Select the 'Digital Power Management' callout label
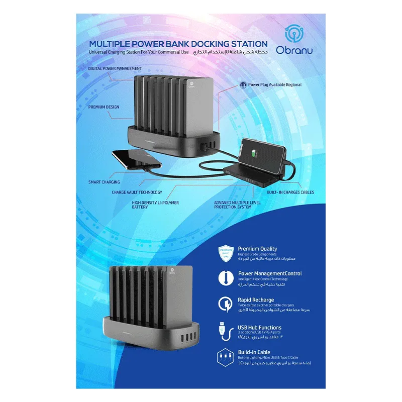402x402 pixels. click(x=115, y=68)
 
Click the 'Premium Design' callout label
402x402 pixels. click(x=104, y=107)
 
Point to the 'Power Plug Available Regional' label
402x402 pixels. click(x=274, y=85)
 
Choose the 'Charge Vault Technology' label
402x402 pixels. click(x=137, y=192)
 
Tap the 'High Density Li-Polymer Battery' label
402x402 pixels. click(x=155, y=205)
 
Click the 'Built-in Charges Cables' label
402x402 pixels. click(x=291, y=192)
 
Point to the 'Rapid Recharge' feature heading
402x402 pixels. click(x=256, y=300)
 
